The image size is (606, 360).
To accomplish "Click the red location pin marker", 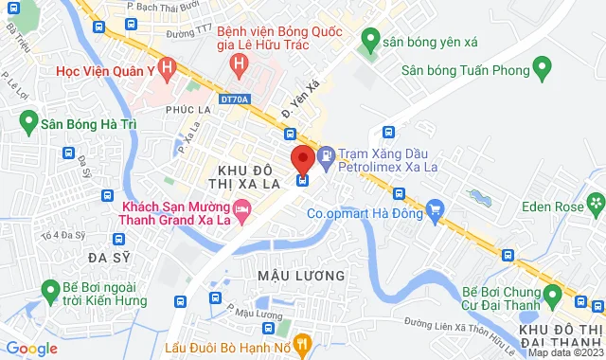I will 302,157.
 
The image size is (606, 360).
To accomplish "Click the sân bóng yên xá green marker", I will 369,40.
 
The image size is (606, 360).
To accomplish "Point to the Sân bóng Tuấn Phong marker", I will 542,68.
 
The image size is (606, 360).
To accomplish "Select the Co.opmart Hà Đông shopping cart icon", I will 435,207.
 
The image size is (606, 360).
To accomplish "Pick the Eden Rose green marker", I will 596,201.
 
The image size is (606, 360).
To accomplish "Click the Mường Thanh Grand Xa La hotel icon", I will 242,207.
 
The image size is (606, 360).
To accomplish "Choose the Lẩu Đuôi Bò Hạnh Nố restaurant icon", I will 302,342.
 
